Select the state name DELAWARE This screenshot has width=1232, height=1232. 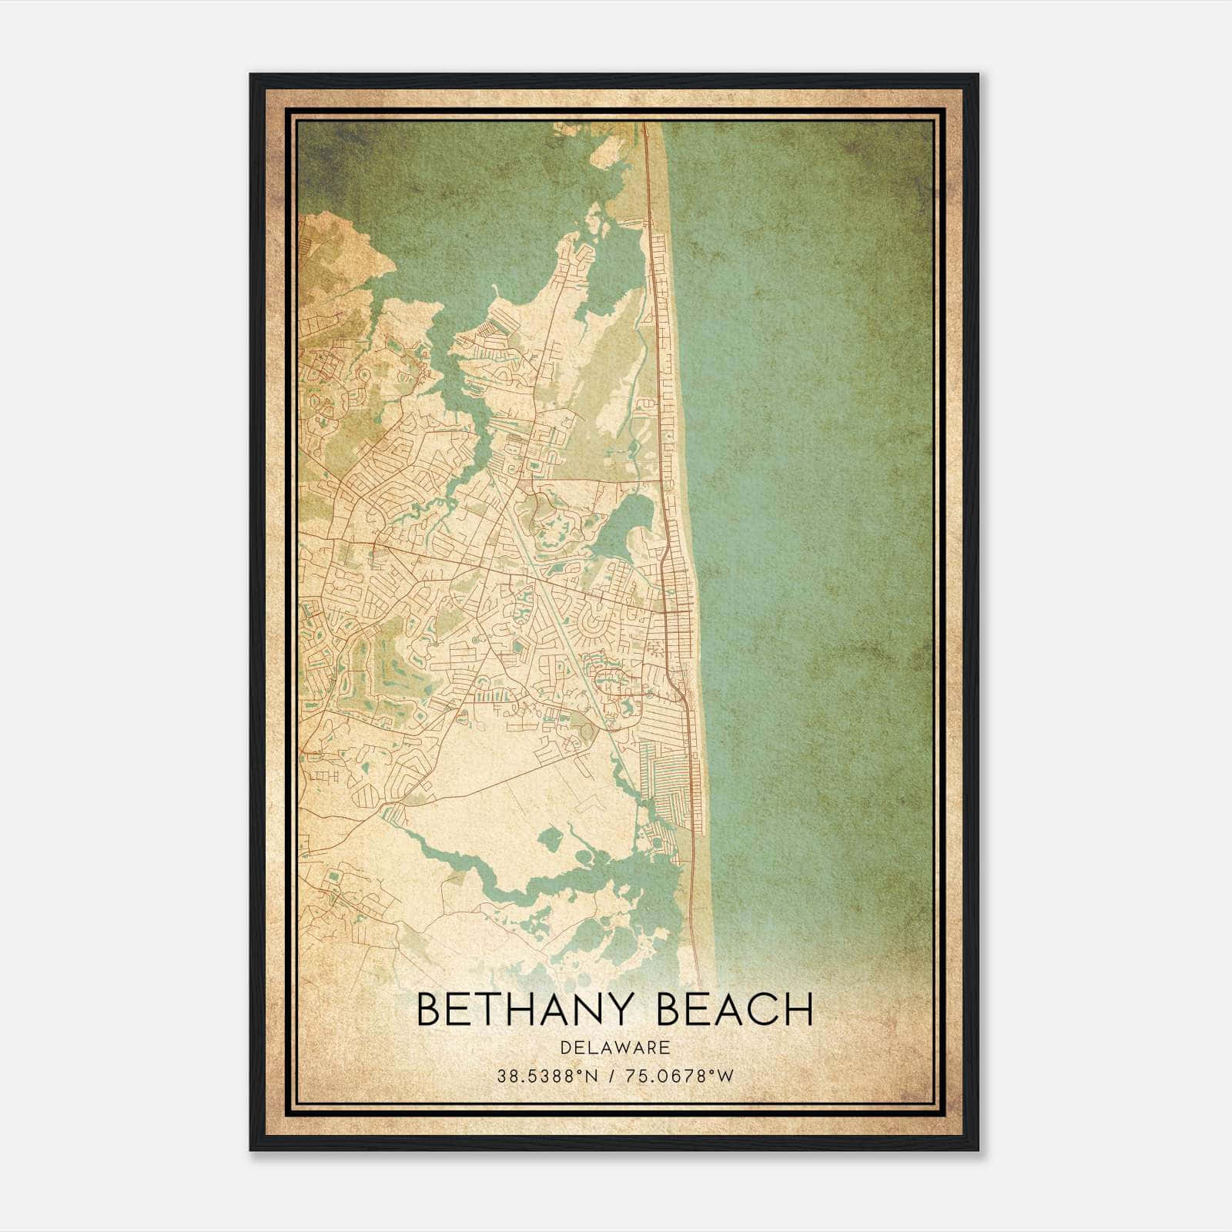(x=614, y=1048)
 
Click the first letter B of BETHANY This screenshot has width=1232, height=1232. (x=429, y=1009)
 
